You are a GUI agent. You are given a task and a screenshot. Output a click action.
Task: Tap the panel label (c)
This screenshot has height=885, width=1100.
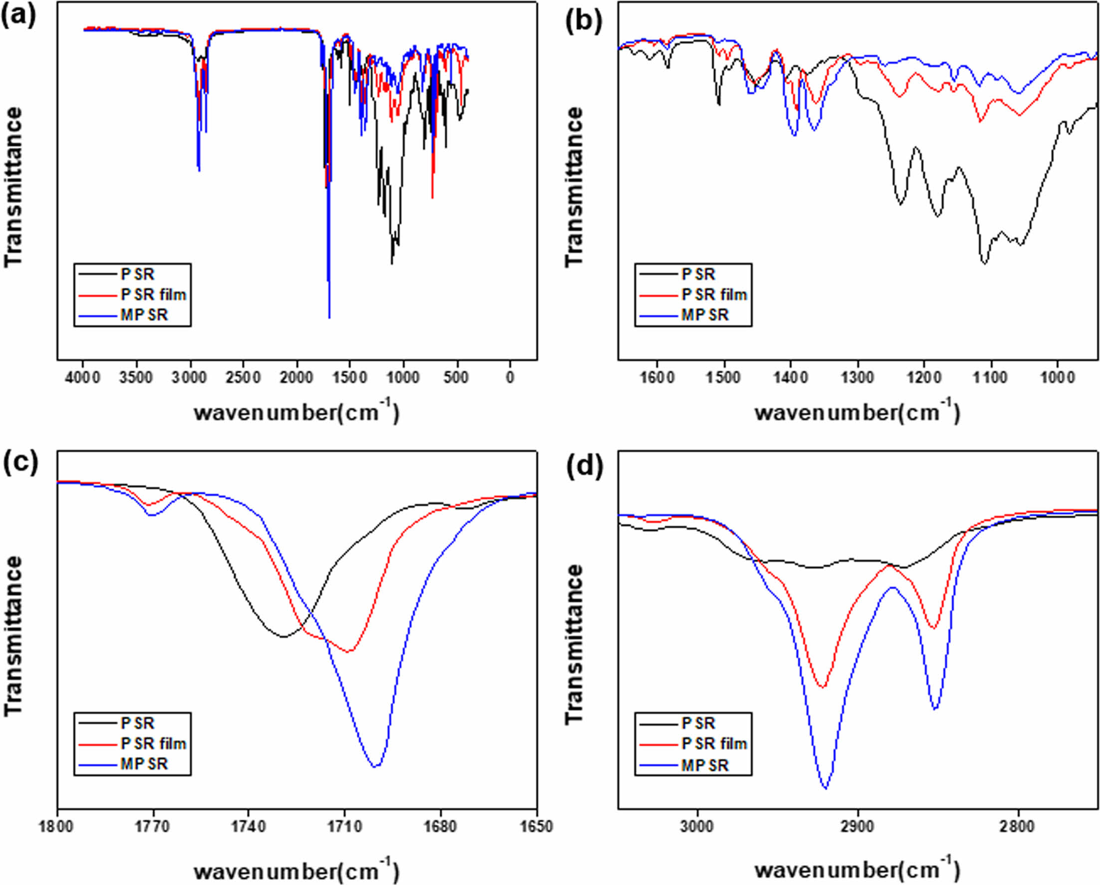click(19, 462)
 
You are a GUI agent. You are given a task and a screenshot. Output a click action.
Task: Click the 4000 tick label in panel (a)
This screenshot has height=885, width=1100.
click(84, 378)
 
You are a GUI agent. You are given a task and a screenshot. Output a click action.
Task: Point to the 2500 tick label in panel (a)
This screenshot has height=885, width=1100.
click(243, 378)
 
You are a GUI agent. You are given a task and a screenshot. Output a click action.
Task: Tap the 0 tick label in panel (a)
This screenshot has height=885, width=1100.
click(510, 378)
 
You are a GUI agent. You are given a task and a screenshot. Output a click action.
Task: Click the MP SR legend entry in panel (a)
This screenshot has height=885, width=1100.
click(144, 315)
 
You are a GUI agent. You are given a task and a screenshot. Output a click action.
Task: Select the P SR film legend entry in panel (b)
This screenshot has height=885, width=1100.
click(714, 294)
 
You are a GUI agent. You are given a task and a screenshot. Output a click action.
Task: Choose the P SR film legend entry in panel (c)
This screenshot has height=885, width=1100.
click(153, 743)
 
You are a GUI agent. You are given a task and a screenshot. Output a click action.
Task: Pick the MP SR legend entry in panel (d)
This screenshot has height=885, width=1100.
click(704, 765)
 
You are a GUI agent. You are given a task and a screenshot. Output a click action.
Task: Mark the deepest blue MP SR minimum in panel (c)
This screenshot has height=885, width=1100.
click(376, 766)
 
